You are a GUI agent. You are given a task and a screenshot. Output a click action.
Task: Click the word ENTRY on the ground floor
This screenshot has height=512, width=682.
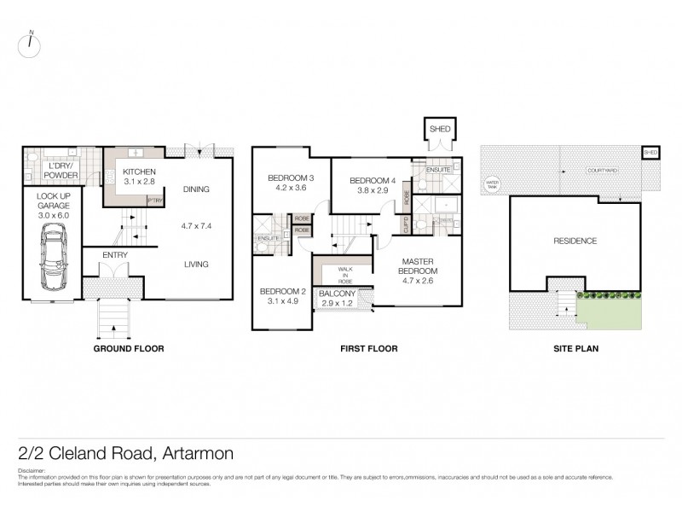coord(114,254)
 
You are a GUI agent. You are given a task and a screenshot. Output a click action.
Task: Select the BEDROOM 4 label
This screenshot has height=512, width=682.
coord(372,180)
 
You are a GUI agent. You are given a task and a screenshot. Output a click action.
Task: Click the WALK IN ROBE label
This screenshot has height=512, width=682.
coord(344,274)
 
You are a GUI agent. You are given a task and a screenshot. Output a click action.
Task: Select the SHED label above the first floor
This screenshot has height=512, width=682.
coord(440,129)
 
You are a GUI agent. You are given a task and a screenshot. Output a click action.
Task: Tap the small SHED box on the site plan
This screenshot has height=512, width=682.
coord(650,152)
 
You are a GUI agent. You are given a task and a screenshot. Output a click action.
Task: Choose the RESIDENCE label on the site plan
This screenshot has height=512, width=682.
coord(575,241)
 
